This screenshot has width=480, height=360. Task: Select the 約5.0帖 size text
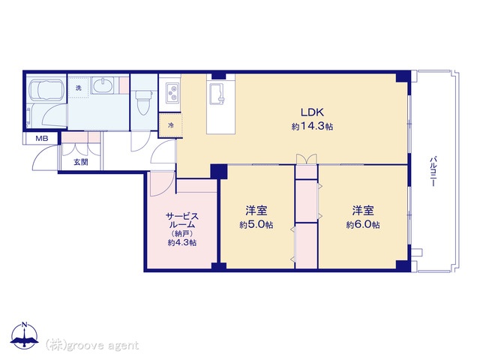[256, 224]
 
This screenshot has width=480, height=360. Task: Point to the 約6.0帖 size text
[363, 224]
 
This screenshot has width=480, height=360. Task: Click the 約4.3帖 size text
[181, 242]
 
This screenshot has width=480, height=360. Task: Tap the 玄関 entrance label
[80, 161]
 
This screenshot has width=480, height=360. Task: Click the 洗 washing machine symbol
[78, 88]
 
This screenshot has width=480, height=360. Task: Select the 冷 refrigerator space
[170, 124]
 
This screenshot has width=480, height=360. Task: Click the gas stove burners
[172, 94]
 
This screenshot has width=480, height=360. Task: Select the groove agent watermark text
[92, 345]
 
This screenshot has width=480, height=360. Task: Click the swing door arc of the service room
[162, 182]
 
